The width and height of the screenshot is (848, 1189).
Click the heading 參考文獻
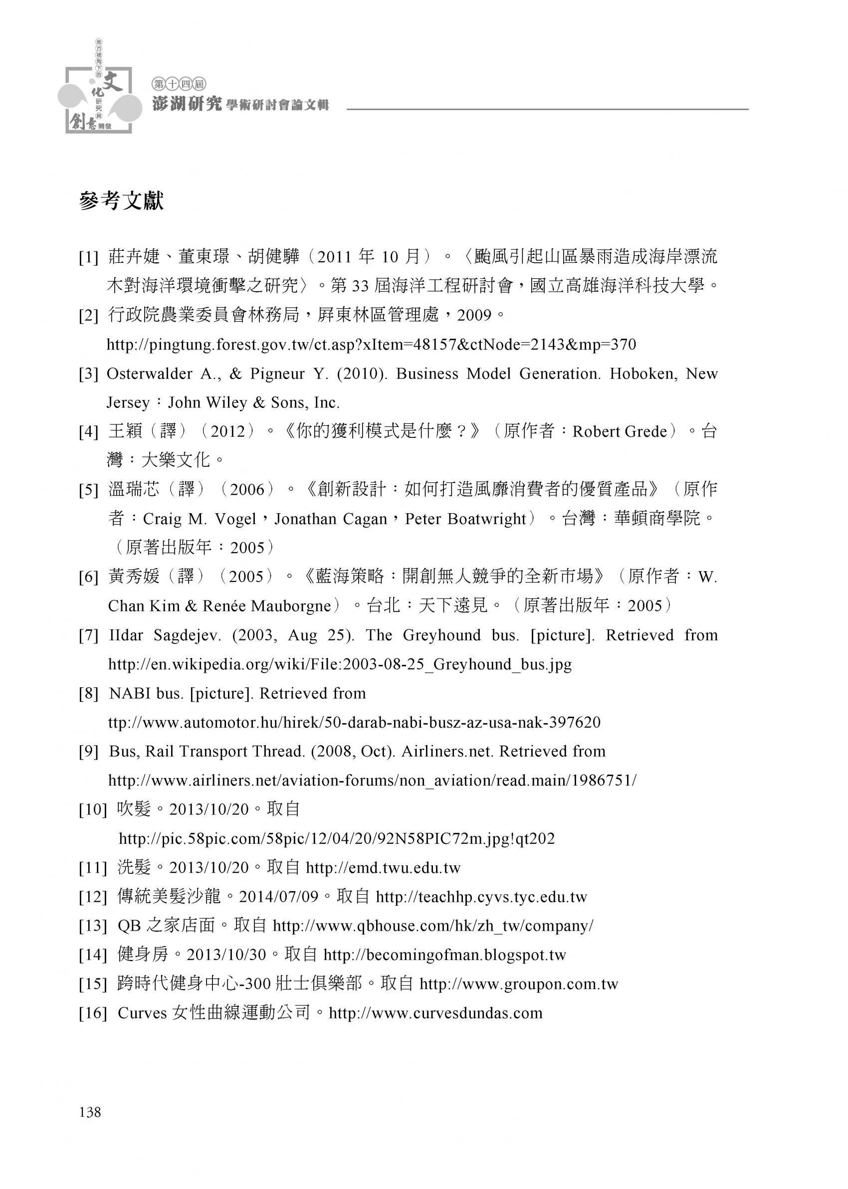point(121,201)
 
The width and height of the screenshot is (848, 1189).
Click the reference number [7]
point(89,636)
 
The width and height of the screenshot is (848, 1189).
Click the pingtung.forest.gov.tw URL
point(371,345)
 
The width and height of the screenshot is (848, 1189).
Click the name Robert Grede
point(620,431)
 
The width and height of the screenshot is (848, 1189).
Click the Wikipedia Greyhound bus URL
point(340,664)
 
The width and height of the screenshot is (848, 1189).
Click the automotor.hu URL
point(354,722)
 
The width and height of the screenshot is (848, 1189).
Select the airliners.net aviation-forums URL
point(372,781)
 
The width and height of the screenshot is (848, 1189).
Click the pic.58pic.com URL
point(337,839)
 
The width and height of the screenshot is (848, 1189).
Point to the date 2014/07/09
point(278,897)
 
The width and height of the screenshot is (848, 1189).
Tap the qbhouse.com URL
point(433,926)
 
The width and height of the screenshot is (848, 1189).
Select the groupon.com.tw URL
point(518,985)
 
